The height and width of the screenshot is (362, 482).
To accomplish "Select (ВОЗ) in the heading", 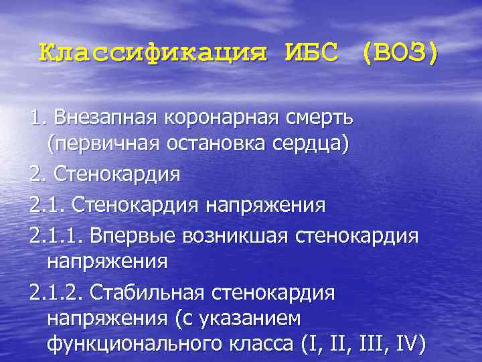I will coord(400,52).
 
